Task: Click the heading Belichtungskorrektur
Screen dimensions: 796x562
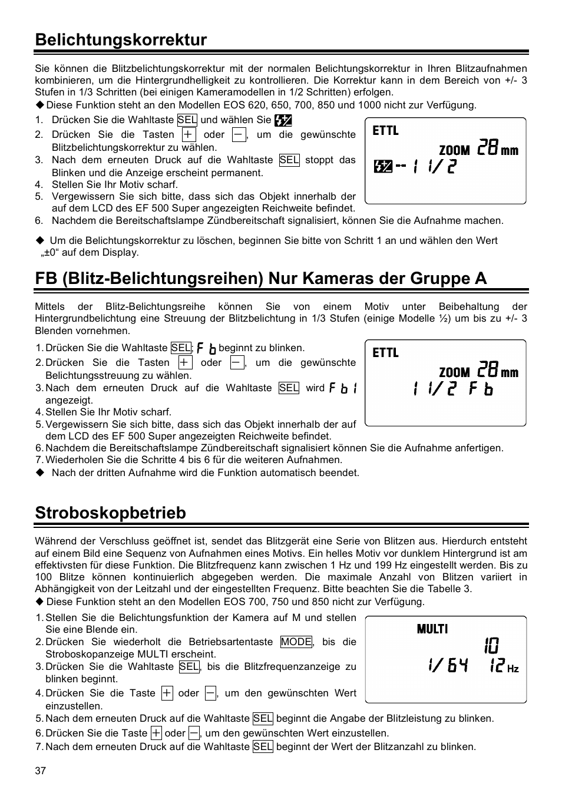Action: coord(121,40)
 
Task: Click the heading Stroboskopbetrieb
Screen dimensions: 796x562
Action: coord(110,513)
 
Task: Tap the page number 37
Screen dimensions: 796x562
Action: coord(40,771)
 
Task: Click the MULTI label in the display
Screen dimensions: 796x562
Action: coord(432,629)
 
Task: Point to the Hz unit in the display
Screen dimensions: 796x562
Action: coord(513,669)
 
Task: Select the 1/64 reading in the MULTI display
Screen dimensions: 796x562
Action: coord(448,666)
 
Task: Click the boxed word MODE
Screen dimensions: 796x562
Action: coord(296,642)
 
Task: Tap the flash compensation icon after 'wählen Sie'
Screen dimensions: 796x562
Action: coord(283,120)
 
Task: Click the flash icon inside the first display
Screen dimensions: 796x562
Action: coord(383,167)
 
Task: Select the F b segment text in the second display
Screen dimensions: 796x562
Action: coord(481,389)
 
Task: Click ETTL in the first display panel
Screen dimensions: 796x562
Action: coord(386,131)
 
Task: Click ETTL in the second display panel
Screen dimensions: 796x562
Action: coord(386,353)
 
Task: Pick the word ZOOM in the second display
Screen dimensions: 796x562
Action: coord(454,372)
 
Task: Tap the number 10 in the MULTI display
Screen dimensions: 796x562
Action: coord(491,646)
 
